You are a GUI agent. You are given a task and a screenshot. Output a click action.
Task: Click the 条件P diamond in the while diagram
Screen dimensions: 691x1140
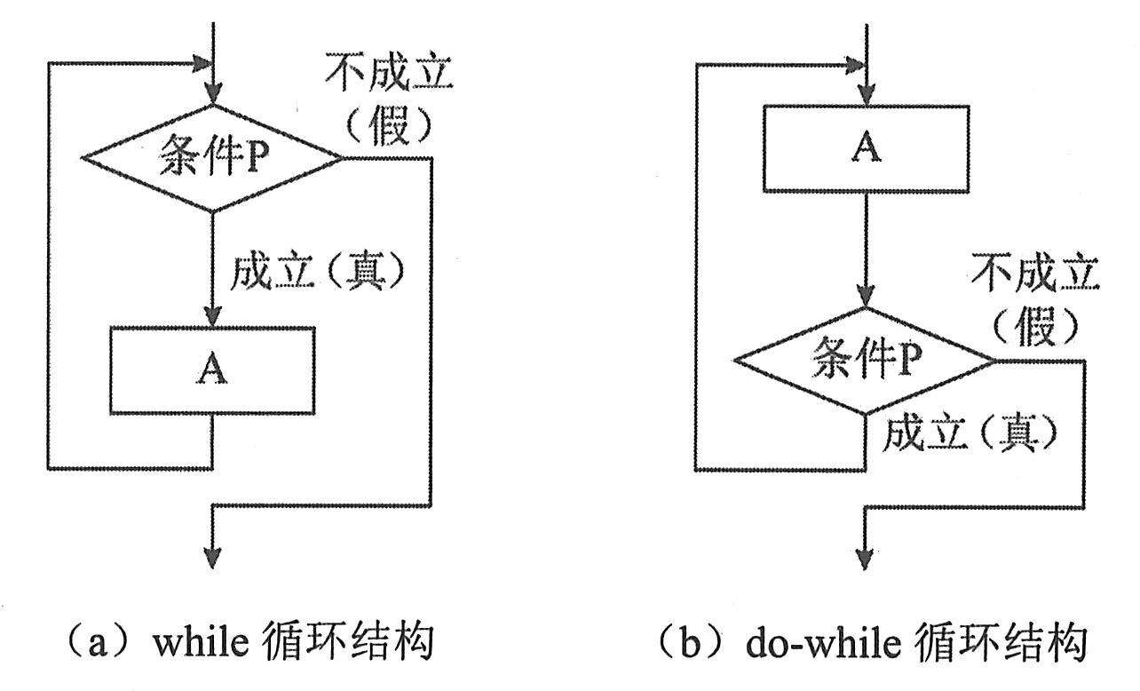(211, 158)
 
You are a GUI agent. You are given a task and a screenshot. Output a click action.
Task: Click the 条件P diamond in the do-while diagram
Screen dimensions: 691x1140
(864, 361)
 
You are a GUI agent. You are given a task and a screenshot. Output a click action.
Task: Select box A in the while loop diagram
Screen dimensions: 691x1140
(212, 370)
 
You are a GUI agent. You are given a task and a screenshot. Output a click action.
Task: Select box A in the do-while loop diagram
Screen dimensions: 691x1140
(866, 149)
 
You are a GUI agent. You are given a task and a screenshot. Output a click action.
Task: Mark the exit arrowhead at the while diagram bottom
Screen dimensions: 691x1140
(212, 557)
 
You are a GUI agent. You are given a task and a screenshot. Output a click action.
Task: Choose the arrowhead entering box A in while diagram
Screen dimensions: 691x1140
(212, 318)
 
